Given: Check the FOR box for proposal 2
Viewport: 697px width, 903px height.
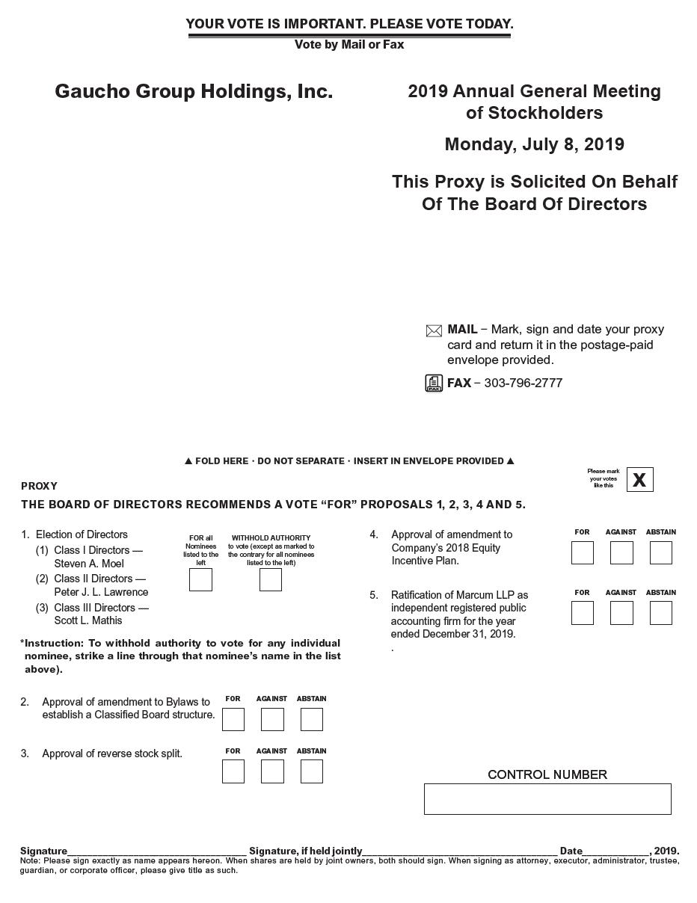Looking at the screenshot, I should pyautogui.click(x=233, y=719).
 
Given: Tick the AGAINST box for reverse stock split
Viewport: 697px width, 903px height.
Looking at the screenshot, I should pyautogui.click(x=272, y=771).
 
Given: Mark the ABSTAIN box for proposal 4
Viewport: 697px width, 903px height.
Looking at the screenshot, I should pyautogui.click(x=661, y=552).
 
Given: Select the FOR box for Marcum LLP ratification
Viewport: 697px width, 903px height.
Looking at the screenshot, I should pyautogui.click(x=582, y=613).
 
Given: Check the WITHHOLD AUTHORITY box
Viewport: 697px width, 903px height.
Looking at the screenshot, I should pyautogui.click(x=271, y=579).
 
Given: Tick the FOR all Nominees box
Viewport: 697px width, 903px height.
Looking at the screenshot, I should pyautogui.click(x=200, y=579).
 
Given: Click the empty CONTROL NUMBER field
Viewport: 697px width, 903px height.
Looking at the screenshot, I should pyautogui.click(x=547, y=799).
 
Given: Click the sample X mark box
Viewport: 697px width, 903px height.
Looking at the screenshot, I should pyautogui.click(x=639, y=480).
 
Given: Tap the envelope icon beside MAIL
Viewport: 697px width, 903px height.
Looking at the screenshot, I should pyautogui.click(x=434, y=330).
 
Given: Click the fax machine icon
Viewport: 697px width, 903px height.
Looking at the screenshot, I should pyautogui.click(x=434, y=383).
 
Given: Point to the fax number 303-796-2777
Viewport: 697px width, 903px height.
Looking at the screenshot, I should pyautogui.click(x=523, y=383).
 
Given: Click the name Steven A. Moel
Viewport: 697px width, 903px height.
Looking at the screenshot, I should pyautogui.click(x=89, y=564).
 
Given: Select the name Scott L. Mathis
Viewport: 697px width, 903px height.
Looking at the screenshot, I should pyautogui.click(x=88, y=620).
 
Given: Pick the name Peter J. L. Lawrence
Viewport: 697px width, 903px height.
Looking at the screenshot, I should pyautogui.click(x=101, y=592).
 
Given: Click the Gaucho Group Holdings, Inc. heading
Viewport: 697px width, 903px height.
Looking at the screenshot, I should pyautogui.click(x=194, y=91).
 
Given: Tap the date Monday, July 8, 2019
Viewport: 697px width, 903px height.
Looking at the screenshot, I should pyautogui.click(x=534, y=144).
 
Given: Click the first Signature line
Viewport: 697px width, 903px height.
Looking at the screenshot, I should pyautogui.click(x=157, y=850).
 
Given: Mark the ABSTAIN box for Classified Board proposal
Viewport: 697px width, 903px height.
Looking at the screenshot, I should pyautogui.click(x=312, y=719).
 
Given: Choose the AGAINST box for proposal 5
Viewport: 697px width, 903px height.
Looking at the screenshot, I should pyautogui.click(x=621, y=613).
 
